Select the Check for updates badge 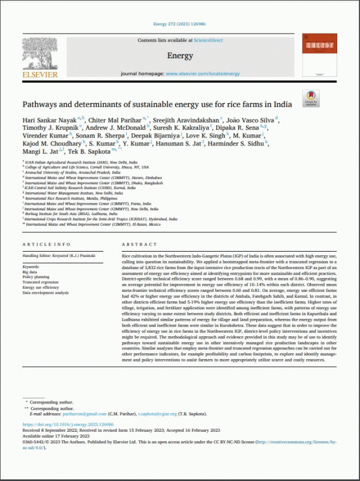point(312,98)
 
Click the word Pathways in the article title point(41,104)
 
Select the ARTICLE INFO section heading point(43,245)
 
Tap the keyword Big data point(30,271)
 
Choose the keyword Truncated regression point(40,282)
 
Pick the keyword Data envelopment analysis point(45,292)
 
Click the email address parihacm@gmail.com point(79,413)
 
